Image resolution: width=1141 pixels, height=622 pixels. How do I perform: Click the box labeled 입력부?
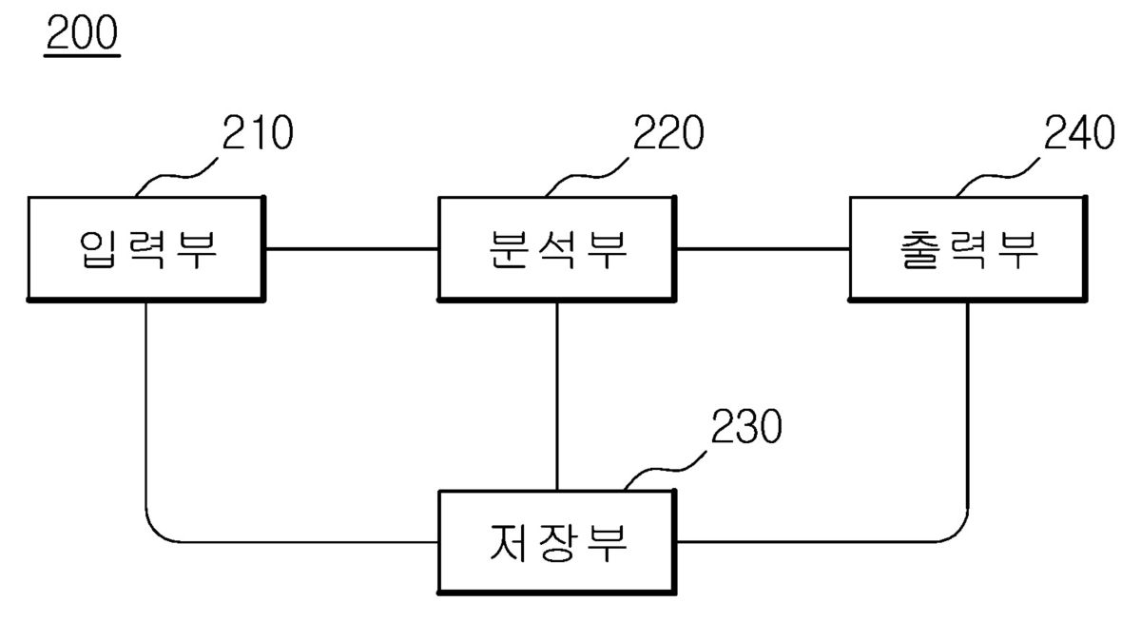[x=145, y=248]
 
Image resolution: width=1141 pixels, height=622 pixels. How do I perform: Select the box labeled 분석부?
[x=556, y=248]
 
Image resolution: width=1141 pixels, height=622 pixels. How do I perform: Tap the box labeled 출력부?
[x=967, y=248]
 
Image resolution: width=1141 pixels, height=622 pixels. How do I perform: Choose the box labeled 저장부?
[x=556, y=542]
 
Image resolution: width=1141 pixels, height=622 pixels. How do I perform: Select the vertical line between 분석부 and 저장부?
[x=557, y=395]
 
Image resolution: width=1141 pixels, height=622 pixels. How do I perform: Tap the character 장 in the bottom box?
[x=556, y=543]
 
